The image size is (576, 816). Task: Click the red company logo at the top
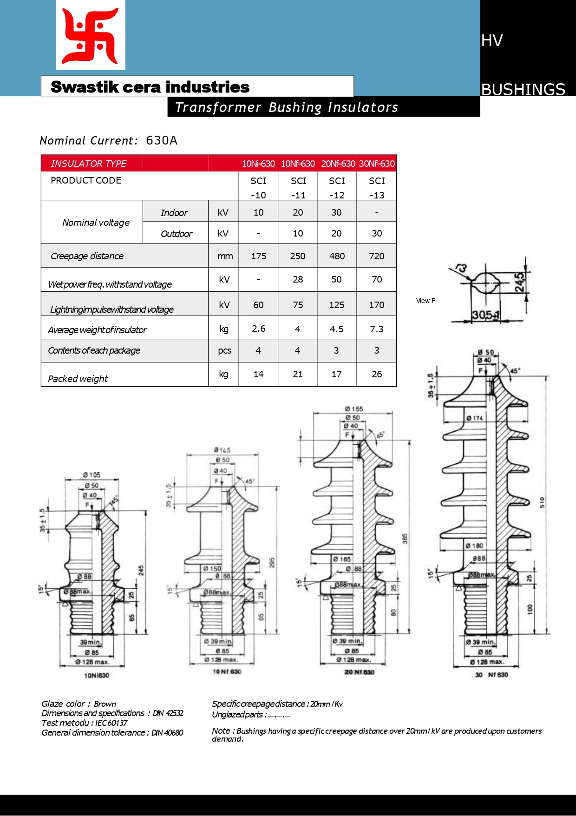91,35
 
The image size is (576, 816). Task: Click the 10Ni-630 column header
258,164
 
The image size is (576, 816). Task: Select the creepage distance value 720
376,256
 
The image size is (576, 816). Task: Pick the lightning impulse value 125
337,305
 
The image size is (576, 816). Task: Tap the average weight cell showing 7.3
376,329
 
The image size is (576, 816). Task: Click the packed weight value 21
298,374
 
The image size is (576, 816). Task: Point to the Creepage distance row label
87,256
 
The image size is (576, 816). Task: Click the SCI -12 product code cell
337,187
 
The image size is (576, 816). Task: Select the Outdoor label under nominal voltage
176,234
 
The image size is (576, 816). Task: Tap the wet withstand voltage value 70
376,279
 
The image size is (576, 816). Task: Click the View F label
425,301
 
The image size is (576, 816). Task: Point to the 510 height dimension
542,502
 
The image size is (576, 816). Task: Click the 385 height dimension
405,539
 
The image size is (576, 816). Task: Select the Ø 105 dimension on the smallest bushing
92,475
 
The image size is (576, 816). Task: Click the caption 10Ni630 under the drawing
97,675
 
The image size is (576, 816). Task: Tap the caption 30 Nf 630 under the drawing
491,675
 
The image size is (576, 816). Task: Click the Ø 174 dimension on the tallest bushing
474,418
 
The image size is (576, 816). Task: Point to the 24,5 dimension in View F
520,282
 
